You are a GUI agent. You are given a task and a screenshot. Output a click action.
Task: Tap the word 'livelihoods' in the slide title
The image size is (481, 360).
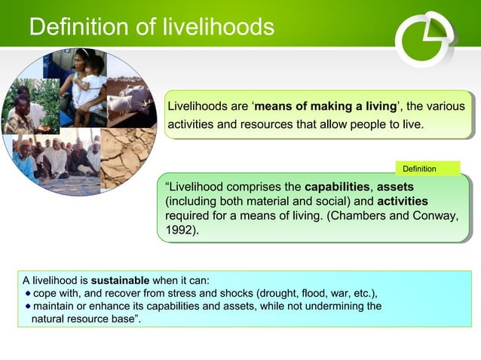(x=219, y=27)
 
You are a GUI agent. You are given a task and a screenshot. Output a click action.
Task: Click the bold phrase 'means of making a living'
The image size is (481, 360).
(x=325, y=106)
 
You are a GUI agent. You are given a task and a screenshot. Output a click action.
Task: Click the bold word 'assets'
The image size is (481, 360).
(x=395, y=186)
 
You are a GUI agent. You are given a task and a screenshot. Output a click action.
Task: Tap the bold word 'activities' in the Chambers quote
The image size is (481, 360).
(x=402, y=201)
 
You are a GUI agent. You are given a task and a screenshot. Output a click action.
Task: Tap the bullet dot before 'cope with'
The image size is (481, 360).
(x=28, y=293)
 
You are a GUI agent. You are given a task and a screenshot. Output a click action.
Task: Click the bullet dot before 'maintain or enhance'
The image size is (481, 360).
(x=28, y=306)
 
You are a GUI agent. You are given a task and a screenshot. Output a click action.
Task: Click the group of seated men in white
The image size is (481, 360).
(x=57, y=158)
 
